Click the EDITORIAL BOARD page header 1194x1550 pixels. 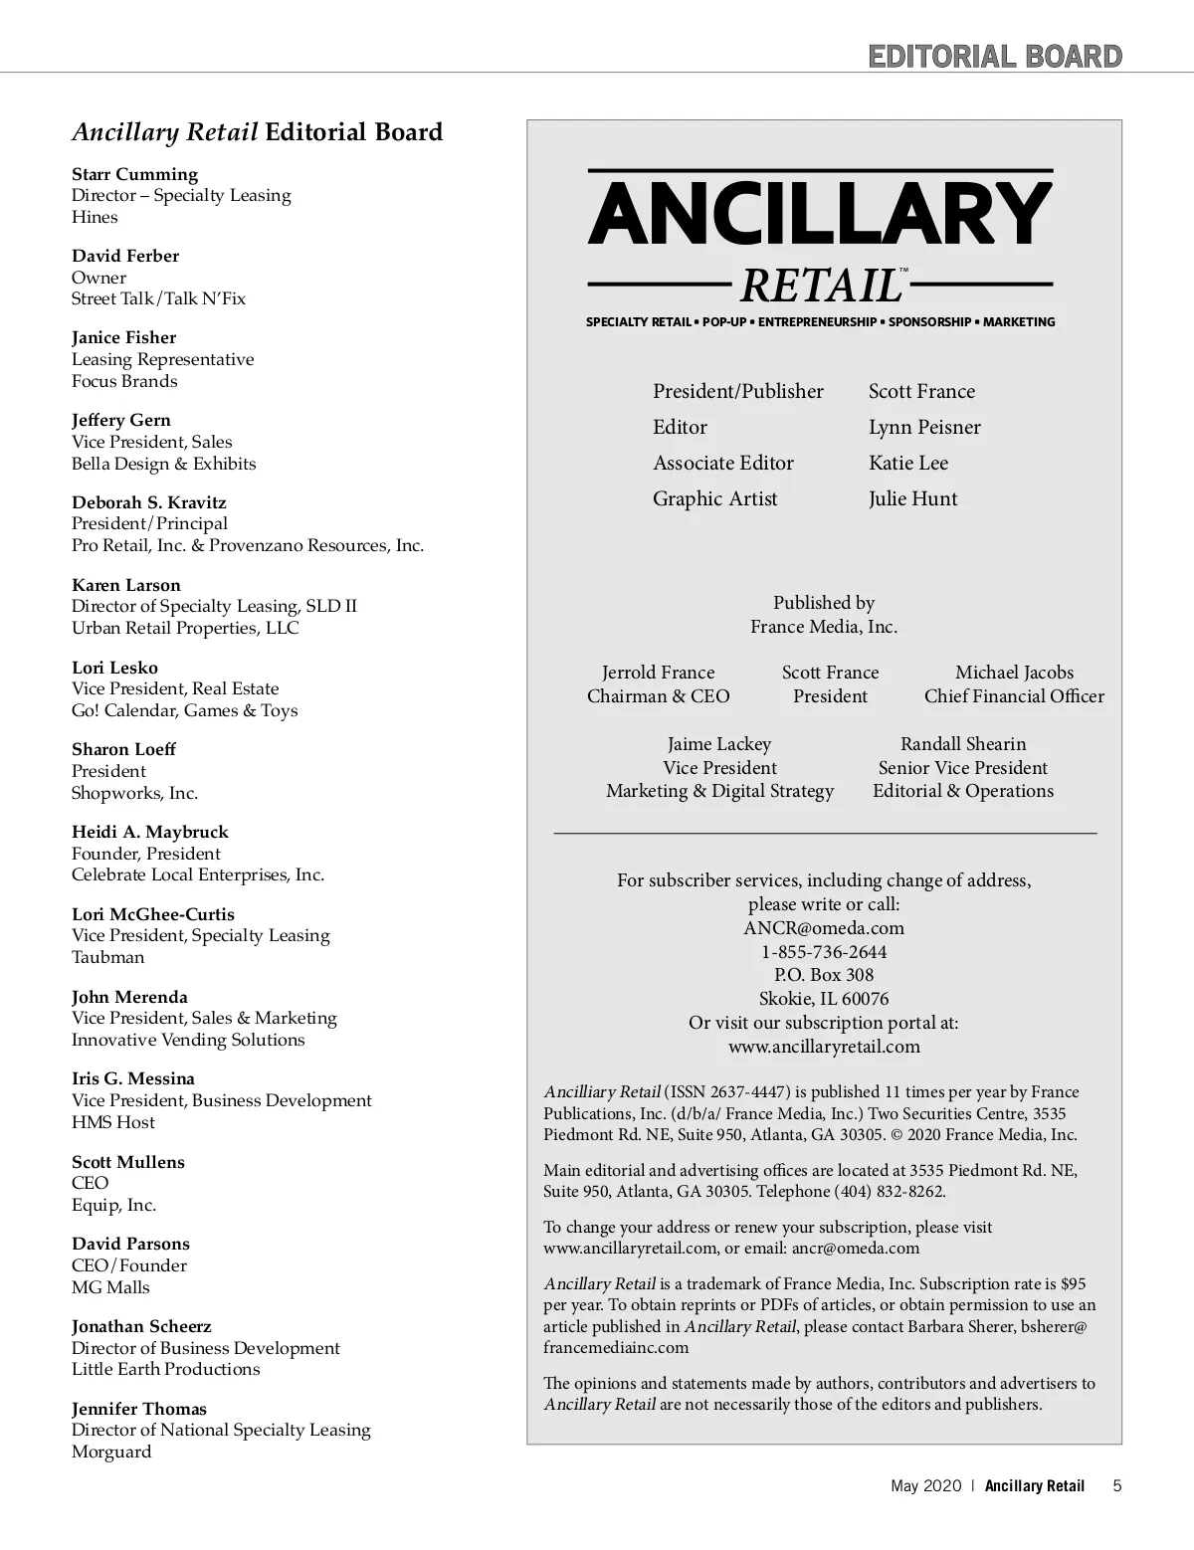coord(995,56)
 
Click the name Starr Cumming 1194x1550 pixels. coord(134,174)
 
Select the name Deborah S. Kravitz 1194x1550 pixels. coord(149,502)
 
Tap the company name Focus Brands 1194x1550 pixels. coord(124,381)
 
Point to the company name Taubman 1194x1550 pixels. coord(107,957)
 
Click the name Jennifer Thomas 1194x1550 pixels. coord(139,1409)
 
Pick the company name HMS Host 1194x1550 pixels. coord(113,1122)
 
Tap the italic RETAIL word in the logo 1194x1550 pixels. coord(820,287)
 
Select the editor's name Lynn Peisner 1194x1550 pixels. coord(924,427)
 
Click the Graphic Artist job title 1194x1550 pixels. coord(715,498)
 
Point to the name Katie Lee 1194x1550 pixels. coord(908,463)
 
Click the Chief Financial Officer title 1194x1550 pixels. coord(1014,696)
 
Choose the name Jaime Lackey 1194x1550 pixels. coord(719,744)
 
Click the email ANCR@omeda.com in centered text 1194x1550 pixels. coord(824,928)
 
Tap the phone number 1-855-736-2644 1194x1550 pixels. coord(824,952)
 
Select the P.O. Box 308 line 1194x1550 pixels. coord(824,975)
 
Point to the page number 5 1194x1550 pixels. coord(1117,1486)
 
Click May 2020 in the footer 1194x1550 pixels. coord(926,1486)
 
